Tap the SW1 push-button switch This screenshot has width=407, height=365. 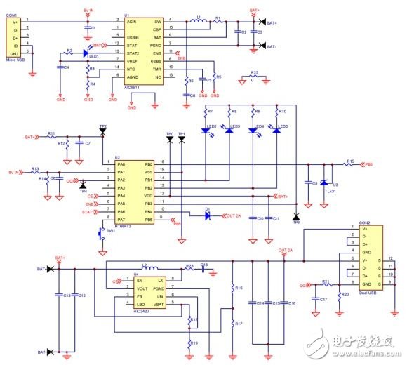coord(99,231)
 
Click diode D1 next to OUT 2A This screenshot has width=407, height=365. coord(207,214)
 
